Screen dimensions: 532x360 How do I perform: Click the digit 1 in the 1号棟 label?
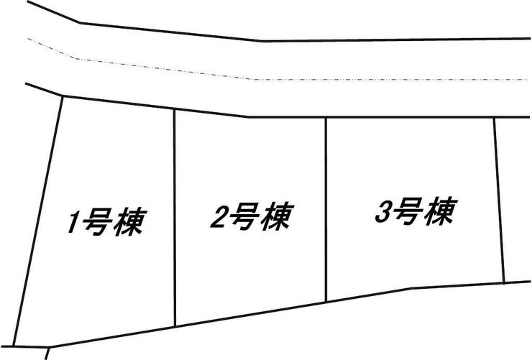[73, 223]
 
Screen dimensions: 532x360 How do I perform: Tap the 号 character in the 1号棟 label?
[96, 221]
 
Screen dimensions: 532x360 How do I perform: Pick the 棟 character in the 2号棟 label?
[277, 216]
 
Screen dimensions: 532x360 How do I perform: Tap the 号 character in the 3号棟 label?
[408, 212]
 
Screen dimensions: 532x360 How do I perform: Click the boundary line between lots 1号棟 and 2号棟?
[175, 218]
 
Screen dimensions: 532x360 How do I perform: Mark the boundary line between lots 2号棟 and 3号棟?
[326, 209]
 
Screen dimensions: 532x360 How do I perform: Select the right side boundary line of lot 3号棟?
[499, 200]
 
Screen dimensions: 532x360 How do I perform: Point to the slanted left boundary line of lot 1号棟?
[38, 221]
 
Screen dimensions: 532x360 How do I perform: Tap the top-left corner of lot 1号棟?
[63, 97]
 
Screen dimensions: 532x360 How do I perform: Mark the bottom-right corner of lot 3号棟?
[504, 282]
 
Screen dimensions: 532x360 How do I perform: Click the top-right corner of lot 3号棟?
[494, 118]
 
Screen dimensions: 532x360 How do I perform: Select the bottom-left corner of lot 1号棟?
[14, 346]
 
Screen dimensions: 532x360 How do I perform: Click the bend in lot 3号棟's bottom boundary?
[412, 288]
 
